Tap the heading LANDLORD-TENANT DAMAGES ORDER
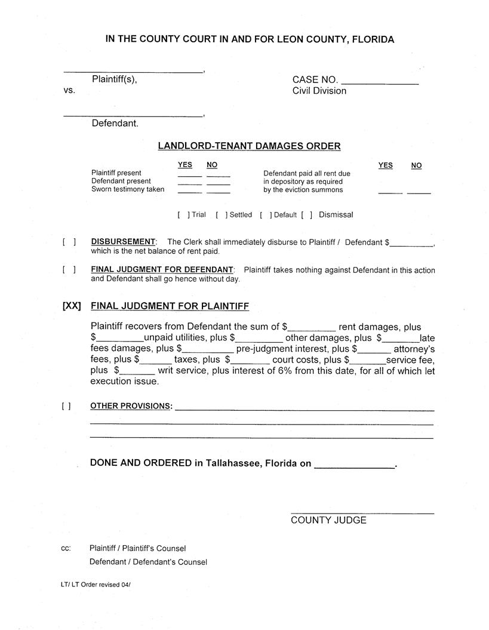click(x=249, y=146)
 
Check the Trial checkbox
click(x=183, y=215)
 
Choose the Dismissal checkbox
click(x=307, y=215)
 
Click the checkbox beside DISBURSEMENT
click(x=69, y=242)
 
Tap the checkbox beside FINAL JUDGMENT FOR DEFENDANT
click(x=69, y=270)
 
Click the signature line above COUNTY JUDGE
click(x=362, y=513)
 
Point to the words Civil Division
click(x=319, y=91)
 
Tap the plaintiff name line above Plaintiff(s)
click(x=133, y=72)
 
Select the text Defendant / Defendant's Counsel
click(x=148, y=563)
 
